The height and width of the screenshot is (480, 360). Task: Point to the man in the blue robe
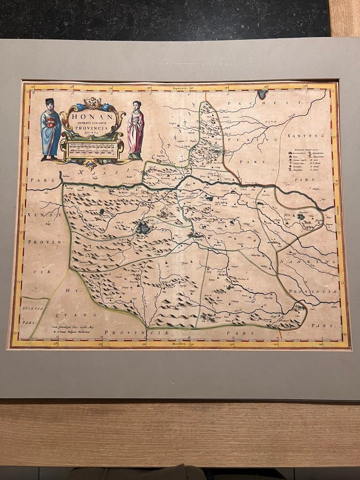(51, 129)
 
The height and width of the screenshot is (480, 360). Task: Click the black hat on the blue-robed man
(50, 101)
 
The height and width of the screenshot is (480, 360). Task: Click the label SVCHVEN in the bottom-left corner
(32, 310)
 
